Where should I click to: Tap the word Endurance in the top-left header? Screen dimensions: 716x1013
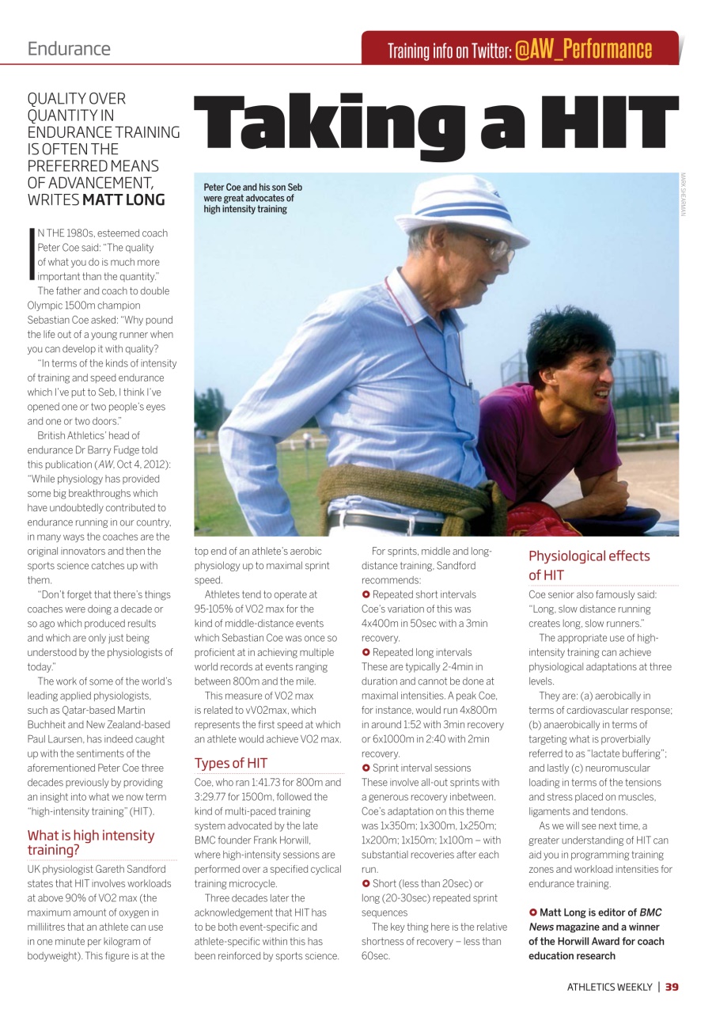point(69,48)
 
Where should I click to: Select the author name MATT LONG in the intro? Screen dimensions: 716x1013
point(124,199)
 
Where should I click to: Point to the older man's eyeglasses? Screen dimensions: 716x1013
point(494,249)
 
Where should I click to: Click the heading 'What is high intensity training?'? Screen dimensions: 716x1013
point(91,843)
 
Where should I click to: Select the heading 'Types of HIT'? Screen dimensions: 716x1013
point(231,763)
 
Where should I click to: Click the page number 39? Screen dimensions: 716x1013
point(672,987)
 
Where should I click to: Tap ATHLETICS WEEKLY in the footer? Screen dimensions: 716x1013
point(609,987)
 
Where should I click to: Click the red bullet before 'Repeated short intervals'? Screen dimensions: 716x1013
point(366,594)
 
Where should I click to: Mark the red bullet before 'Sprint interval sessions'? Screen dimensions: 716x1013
point(366,768)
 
